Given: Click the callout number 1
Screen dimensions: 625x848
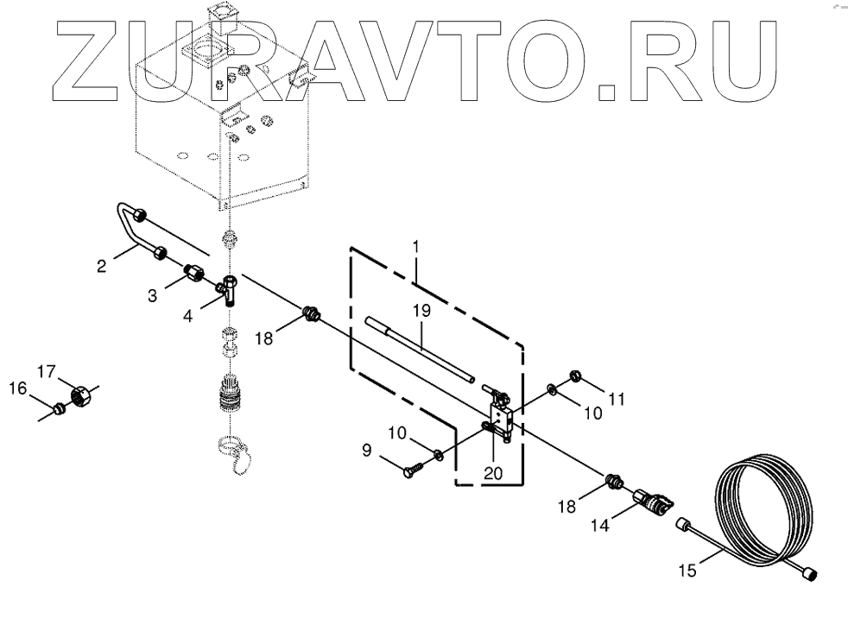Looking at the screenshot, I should (416, 247).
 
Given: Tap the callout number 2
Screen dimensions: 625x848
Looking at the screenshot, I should (101, 266).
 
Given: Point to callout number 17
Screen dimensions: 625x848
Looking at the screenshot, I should (45, 372).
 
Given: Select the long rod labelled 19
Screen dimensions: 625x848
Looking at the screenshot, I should (418, 349).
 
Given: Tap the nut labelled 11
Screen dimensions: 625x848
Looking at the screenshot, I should (575, 375).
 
